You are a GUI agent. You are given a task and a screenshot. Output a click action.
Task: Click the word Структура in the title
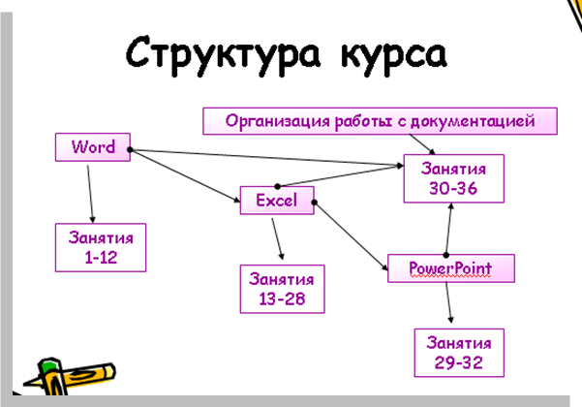click(223, 55)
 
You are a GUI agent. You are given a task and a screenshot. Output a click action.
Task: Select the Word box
click(93, 147)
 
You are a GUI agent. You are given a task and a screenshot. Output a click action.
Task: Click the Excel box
click(277, 201)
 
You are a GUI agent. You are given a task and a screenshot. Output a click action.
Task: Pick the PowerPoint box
click(451, 268)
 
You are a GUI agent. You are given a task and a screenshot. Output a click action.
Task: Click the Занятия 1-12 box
click(101, 247)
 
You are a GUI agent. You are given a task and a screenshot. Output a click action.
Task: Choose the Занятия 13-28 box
click(282, 289)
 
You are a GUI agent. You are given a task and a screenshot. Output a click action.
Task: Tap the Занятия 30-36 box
click(453, 178)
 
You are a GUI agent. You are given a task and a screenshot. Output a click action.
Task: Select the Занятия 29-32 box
click(459, 353)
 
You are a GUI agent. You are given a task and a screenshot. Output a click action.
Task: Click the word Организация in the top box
click(277, 121)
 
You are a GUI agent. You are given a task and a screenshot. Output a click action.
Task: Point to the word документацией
click(473, 121)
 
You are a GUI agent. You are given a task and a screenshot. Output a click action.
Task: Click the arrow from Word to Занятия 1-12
click(90, 194)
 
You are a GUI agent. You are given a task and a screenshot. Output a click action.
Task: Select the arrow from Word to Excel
click(185, 175)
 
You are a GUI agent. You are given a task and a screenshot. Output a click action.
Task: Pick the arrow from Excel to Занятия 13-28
click(278, 238)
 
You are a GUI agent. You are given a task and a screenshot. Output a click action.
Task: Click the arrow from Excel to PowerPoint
click(352, 235)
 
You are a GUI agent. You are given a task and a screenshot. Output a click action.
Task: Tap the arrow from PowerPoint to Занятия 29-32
click(448, 302)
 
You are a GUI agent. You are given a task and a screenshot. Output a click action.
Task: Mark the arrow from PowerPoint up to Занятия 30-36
click(448, 229)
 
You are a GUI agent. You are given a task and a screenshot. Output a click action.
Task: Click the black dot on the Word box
click(130, 149)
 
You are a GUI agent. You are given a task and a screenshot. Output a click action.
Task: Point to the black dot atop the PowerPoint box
click(446, 255)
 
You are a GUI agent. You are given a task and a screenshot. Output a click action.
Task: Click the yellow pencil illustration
click(70, 376)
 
